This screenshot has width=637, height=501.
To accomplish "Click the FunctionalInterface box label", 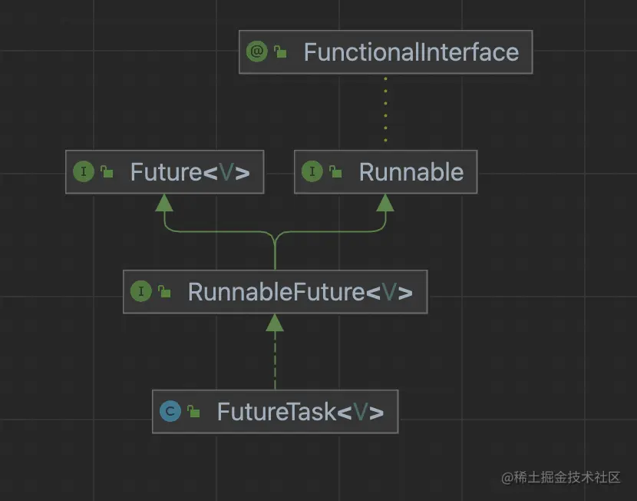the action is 411,52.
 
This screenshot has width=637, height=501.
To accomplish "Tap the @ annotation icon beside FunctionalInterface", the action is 257,51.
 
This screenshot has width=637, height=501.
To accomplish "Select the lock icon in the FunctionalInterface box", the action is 280,51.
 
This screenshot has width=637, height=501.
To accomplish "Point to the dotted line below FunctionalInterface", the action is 385,109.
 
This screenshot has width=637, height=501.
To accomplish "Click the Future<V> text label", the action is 190,172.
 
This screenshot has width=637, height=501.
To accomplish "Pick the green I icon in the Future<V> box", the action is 84,171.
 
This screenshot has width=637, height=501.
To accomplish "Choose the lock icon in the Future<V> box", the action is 107,171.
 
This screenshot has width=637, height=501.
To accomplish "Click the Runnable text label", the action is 411,172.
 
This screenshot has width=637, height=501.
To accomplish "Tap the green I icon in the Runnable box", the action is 312,171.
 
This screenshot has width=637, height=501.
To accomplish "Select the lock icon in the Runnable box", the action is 335,171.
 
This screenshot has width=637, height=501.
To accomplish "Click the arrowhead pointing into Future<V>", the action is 164,203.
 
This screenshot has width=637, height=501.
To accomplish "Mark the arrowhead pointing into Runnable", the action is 385,203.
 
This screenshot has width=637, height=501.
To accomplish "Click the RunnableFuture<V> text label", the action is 300,292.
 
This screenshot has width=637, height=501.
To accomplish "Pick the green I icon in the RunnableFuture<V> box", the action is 141,291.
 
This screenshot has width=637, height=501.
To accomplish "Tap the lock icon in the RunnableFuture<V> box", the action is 164,291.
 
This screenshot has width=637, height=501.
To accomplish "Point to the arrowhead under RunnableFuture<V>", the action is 275,323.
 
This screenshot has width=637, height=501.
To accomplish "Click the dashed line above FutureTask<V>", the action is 275,360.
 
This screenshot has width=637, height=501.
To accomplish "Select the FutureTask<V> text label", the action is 300,412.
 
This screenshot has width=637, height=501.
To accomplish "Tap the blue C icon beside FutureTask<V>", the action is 170,411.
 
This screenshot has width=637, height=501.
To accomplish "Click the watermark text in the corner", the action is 561,477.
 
